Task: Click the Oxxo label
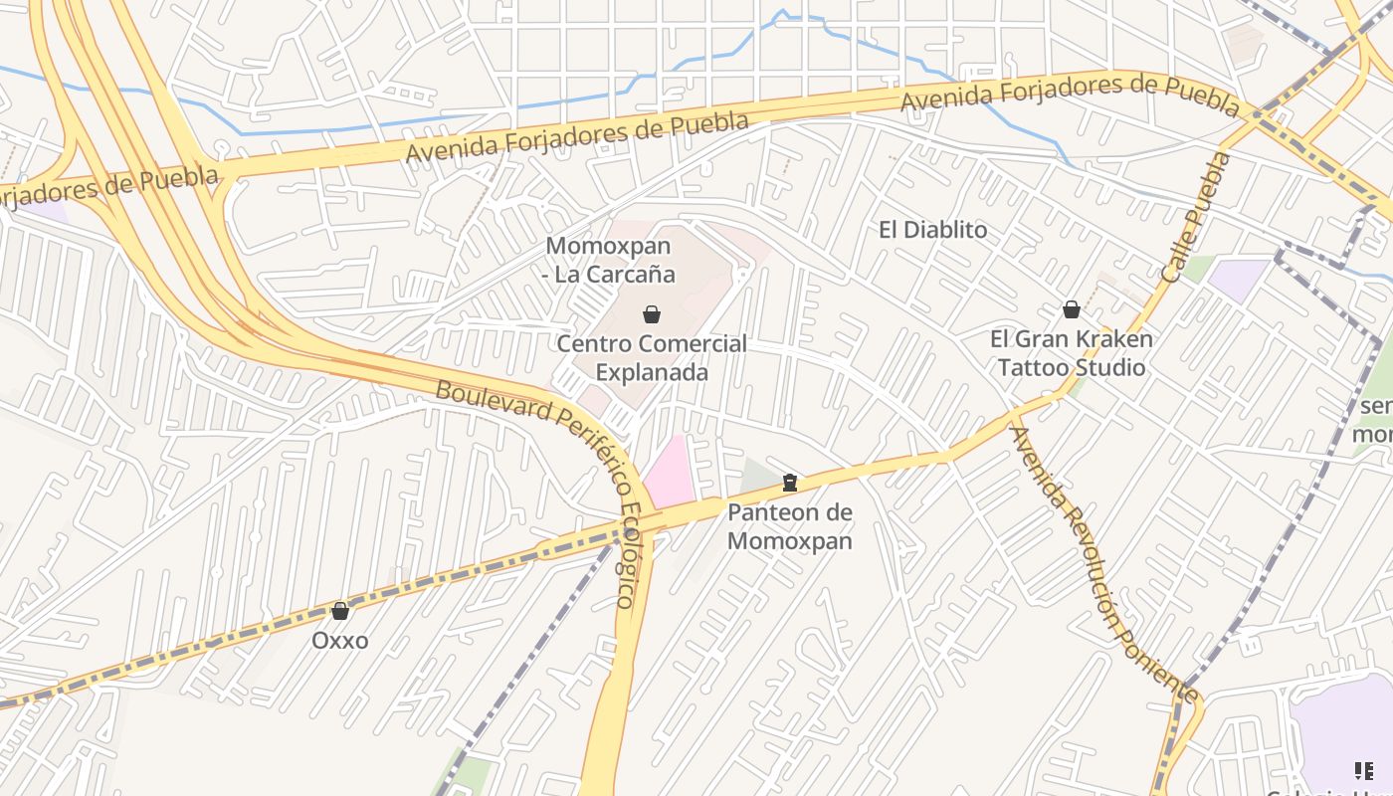tap(339, 640)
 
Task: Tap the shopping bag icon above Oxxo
tap(340, 611)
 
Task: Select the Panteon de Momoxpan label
tap(790, 526)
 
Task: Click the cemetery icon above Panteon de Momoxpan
tap(790, 484)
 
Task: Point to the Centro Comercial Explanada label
tap(651, 358)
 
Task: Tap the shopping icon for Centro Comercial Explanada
tap(652, 314)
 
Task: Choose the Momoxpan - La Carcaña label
tap(609, 260)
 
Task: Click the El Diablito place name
tap(932, 230)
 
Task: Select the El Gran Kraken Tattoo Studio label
tap(1072, 353)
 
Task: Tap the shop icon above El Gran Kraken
tap(1072, 309)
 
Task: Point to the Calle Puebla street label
tap(1196, 217)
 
